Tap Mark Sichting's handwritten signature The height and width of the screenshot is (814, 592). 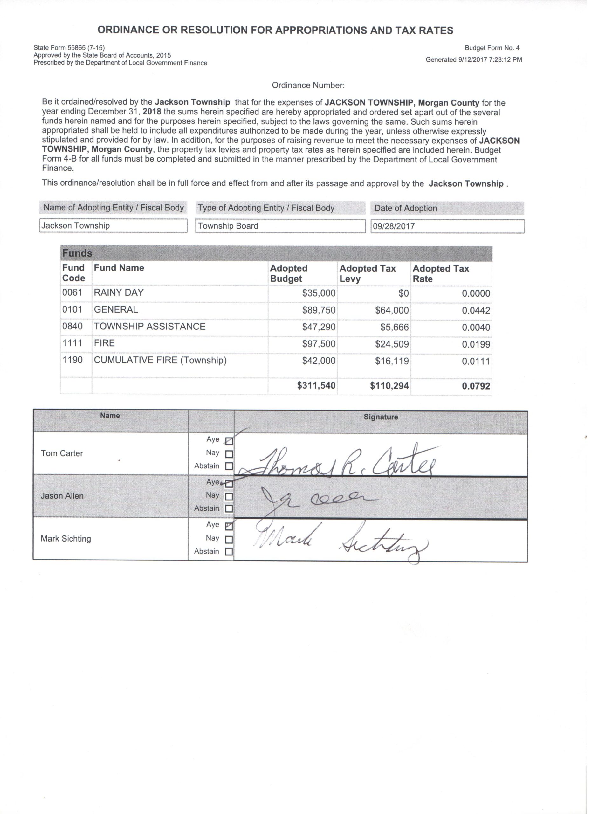click(341, 544)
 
